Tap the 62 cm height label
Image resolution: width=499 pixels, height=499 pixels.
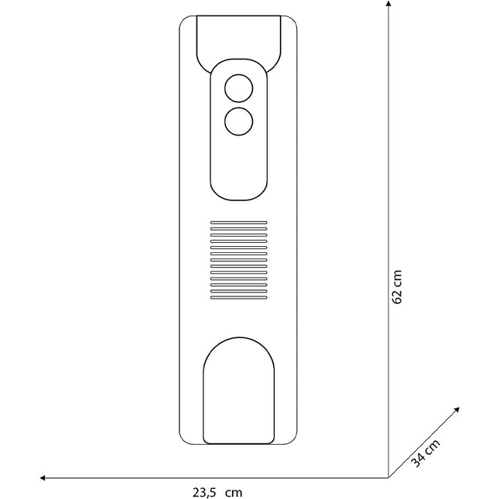pyautogui.click(x=397, y=287)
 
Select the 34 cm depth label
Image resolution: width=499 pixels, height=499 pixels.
pyautogui.click(x=426, y=453)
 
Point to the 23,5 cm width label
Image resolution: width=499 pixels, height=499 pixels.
pyautogui.click(x=217, y=492)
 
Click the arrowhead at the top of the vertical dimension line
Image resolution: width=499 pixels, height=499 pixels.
pyautogui.click(x=388, y=3)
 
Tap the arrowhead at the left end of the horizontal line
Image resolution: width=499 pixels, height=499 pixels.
pyautogui.click(x=43, y=477)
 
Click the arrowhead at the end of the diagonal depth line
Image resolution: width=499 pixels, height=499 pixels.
pyautogui.click(x=457, y=409)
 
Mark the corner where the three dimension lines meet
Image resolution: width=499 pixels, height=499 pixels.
pyautogui.click(x=388, y=477)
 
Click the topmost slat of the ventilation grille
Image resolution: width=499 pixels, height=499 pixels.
pyautogui.click(x=239, y=223)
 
